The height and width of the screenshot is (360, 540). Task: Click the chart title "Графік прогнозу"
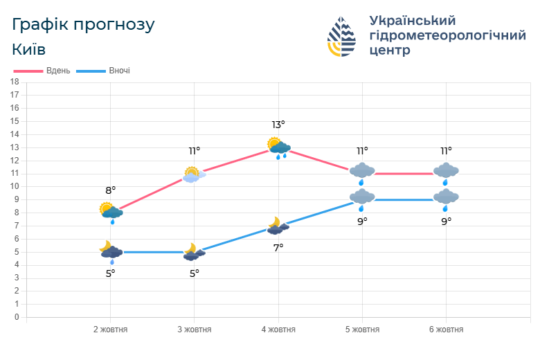[x=83, y=25]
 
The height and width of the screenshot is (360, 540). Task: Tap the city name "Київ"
[x=29, y=50]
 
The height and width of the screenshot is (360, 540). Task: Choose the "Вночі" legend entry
[x=103, y=71]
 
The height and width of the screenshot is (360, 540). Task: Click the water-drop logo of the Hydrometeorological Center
[x=341, y=37]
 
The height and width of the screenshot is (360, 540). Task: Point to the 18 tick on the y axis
[x=15, y=82]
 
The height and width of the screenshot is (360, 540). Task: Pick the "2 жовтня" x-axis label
[x=110, y=330]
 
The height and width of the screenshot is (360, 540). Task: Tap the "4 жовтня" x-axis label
[x=278, y=330]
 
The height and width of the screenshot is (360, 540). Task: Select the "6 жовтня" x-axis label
[x=446, y=330]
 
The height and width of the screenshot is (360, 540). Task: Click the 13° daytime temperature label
[x=278, y=125]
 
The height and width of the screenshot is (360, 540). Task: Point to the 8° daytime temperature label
[x=110, y=190]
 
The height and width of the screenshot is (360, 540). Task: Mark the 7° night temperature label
[x=278, y=247]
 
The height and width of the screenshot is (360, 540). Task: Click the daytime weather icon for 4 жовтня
[x=278, y=147]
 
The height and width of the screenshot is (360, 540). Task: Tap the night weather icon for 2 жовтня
[x=111, y=253]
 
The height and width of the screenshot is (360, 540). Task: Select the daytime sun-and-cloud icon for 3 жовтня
[x=194, y=174]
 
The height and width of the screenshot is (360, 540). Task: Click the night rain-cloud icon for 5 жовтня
[x=362, y=199]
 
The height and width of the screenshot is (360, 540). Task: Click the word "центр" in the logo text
[x=390, y=51]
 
